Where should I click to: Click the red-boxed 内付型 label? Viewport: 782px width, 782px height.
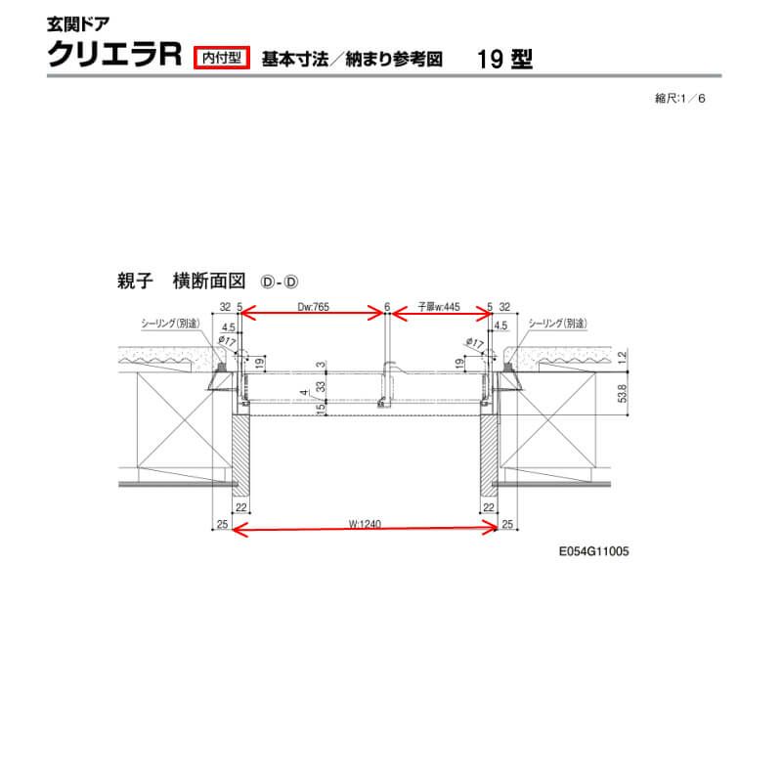point(224,57)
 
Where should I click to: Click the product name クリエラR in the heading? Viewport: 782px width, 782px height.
point(115,56)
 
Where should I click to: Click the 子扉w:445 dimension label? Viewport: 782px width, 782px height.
point(439,306)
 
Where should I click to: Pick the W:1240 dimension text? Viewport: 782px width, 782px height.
point(365,525)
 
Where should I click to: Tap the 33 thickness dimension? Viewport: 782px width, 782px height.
point(321,387)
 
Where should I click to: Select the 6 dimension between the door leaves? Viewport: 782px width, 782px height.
point(387,306)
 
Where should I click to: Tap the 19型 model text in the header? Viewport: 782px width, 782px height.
point(505,58)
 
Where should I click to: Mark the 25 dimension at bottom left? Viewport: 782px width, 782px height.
point(222,526)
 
